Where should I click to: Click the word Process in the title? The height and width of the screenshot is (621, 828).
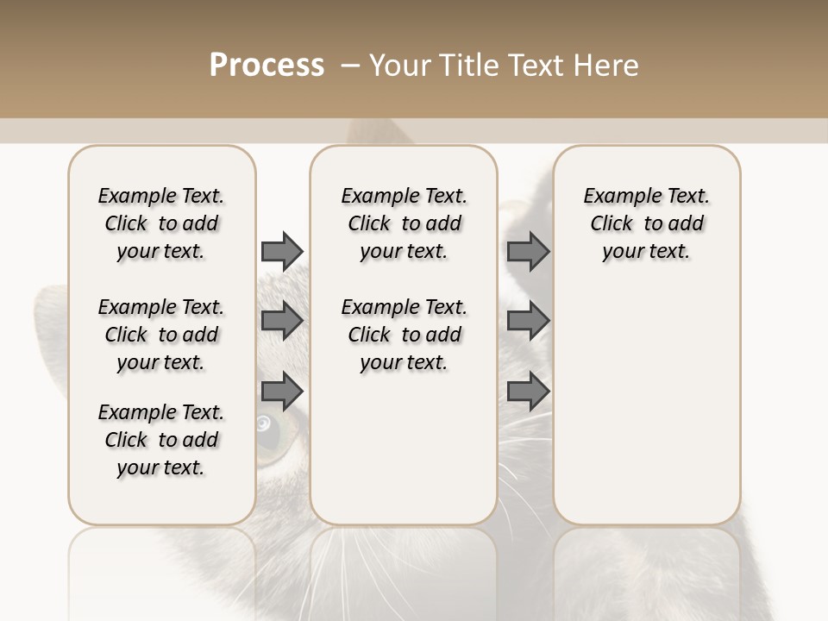pyautogui.click(x=267, y=66)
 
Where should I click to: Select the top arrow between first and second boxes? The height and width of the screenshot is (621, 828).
pyautogui.click(x=281, y=251)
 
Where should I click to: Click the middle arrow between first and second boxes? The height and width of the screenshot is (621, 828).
pyautogui.click(x=281, y=321)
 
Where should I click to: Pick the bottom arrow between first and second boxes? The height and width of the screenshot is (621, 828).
pyautogui.click(x=281, y=392)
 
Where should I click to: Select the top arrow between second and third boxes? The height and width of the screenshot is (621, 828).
pyautogui.click(x=528, y=251)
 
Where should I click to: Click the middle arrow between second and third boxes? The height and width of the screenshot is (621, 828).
pyautogui.click(x=528, y=321)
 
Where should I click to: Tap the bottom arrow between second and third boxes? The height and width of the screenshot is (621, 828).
pyautogui.click(x=528, y=392)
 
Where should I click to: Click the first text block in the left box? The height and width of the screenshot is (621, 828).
pyautogui.click(x=161, y=223)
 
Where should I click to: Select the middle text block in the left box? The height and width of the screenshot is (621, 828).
pyautogui.click(x=161, y=335)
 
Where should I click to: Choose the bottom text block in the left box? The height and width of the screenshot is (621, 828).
pyautogui.click(x=161, y=440)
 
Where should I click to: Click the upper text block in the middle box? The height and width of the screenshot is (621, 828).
pyautogui.click(x=404, y=223)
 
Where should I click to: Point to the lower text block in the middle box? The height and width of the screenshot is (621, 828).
pyautogui.click(x=404, y=335)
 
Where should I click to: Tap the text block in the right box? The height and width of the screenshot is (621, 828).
pyautogui.click(x=646, y=223)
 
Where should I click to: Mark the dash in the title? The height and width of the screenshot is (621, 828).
pyautogui.click(x=350, y=66)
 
